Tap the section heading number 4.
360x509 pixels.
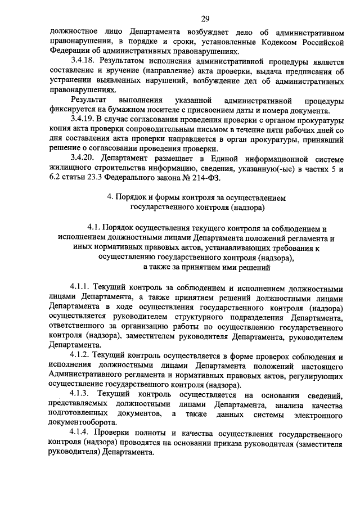pyautogui.click(x=109, y=199)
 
